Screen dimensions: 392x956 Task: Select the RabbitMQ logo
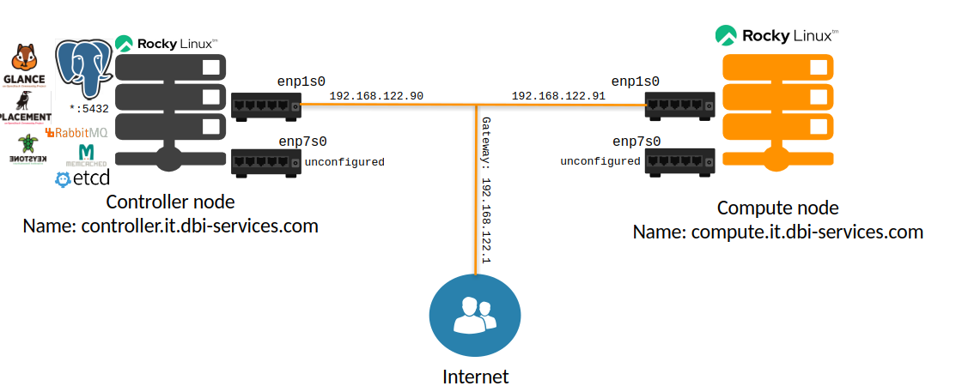(x=76, y=133)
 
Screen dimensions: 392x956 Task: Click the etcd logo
(x=82, y=179)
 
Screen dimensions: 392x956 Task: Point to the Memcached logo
(x=86, y=155)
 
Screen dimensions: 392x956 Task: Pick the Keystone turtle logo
(x=28, y=148)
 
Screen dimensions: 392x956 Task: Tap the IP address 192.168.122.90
(x=376, y=96)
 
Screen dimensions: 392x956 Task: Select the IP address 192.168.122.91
(x=558, y=96)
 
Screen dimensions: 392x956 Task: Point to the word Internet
(x=475, y=377)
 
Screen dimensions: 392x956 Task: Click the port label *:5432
(x=89, y=110)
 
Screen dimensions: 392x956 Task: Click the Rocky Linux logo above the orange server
(x=776, y=36)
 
